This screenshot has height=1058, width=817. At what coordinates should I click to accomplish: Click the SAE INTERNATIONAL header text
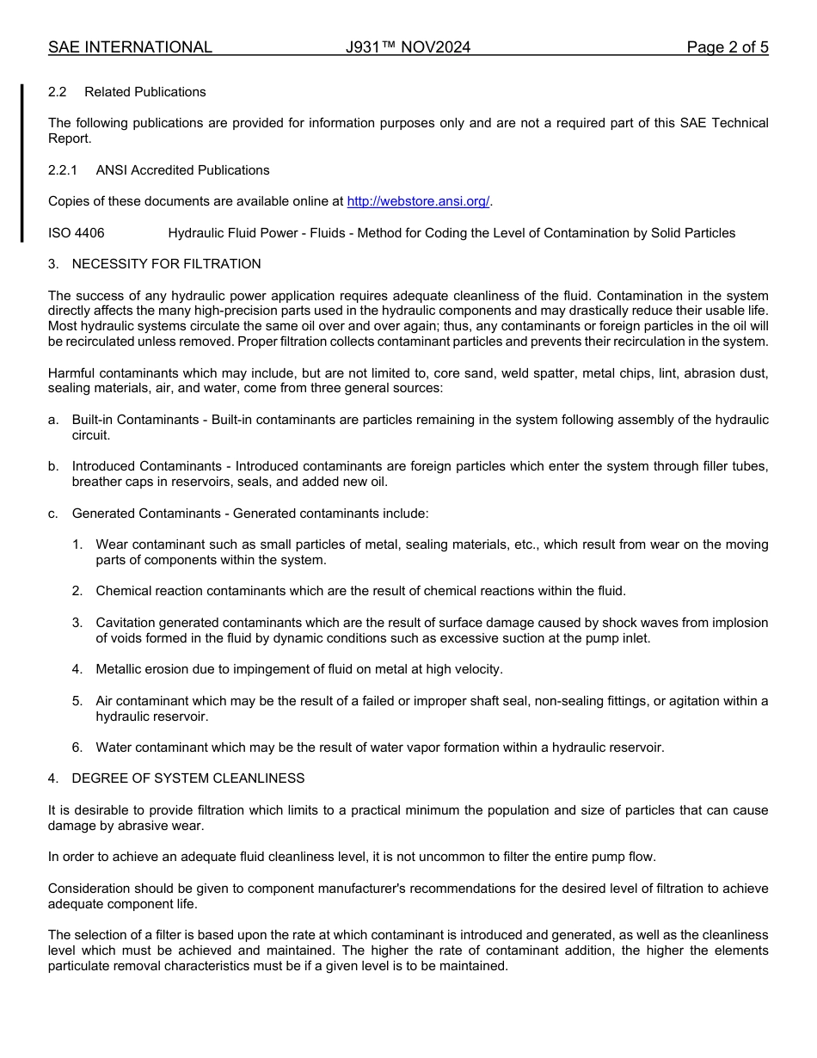point(130,47)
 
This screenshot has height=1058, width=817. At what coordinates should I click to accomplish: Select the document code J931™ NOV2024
point(408,47)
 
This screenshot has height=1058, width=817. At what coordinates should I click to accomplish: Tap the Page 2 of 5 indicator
point(727,47)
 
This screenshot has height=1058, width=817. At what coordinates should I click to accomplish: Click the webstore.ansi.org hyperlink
point(418,201)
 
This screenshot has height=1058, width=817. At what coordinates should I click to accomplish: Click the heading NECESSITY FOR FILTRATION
point(166,264)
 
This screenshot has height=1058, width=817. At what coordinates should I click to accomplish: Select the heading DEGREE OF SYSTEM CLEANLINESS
point(187,778)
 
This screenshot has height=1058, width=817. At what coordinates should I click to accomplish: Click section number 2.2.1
point(63,170)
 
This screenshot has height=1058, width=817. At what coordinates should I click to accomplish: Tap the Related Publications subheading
point(144,92)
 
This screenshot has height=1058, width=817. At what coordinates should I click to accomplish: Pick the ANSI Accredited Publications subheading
point(182,170)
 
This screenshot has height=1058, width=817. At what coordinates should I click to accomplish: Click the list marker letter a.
point(53,420)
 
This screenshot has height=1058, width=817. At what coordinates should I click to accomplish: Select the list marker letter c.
point(53,514)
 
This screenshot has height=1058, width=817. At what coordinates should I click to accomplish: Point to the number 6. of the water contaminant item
point(77,747)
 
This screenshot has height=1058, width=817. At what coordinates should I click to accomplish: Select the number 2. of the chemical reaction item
point(77,591)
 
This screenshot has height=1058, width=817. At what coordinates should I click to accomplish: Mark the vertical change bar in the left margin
point(22,163)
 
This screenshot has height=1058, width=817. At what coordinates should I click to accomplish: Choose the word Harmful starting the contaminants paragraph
point(72,373)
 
